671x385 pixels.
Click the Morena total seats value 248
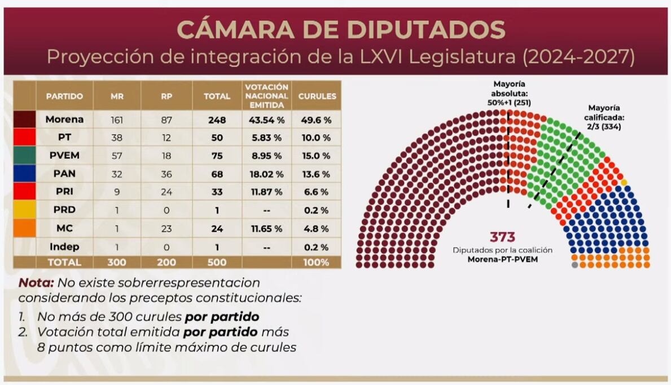217,120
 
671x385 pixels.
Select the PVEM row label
64,156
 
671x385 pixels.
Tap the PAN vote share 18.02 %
266,174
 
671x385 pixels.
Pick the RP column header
166,96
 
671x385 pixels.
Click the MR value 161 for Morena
117,120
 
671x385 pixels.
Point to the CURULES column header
317,96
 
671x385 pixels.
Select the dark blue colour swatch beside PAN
24,174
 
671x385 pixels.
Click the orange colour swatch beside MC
24,228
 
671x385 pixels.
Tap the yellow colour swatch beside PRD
24,210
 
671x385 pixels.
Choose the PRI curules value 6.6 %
317,192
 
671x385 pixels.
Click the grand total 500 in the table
217,262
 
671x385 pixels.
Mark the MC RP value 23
166,228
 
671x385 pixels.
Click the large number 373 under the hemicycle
502,237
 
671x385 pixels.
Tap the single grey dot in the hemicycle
574,264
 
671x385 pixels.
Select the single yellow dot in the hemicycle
624,182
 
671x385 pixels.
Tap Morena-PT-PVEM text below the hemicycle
502,260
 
